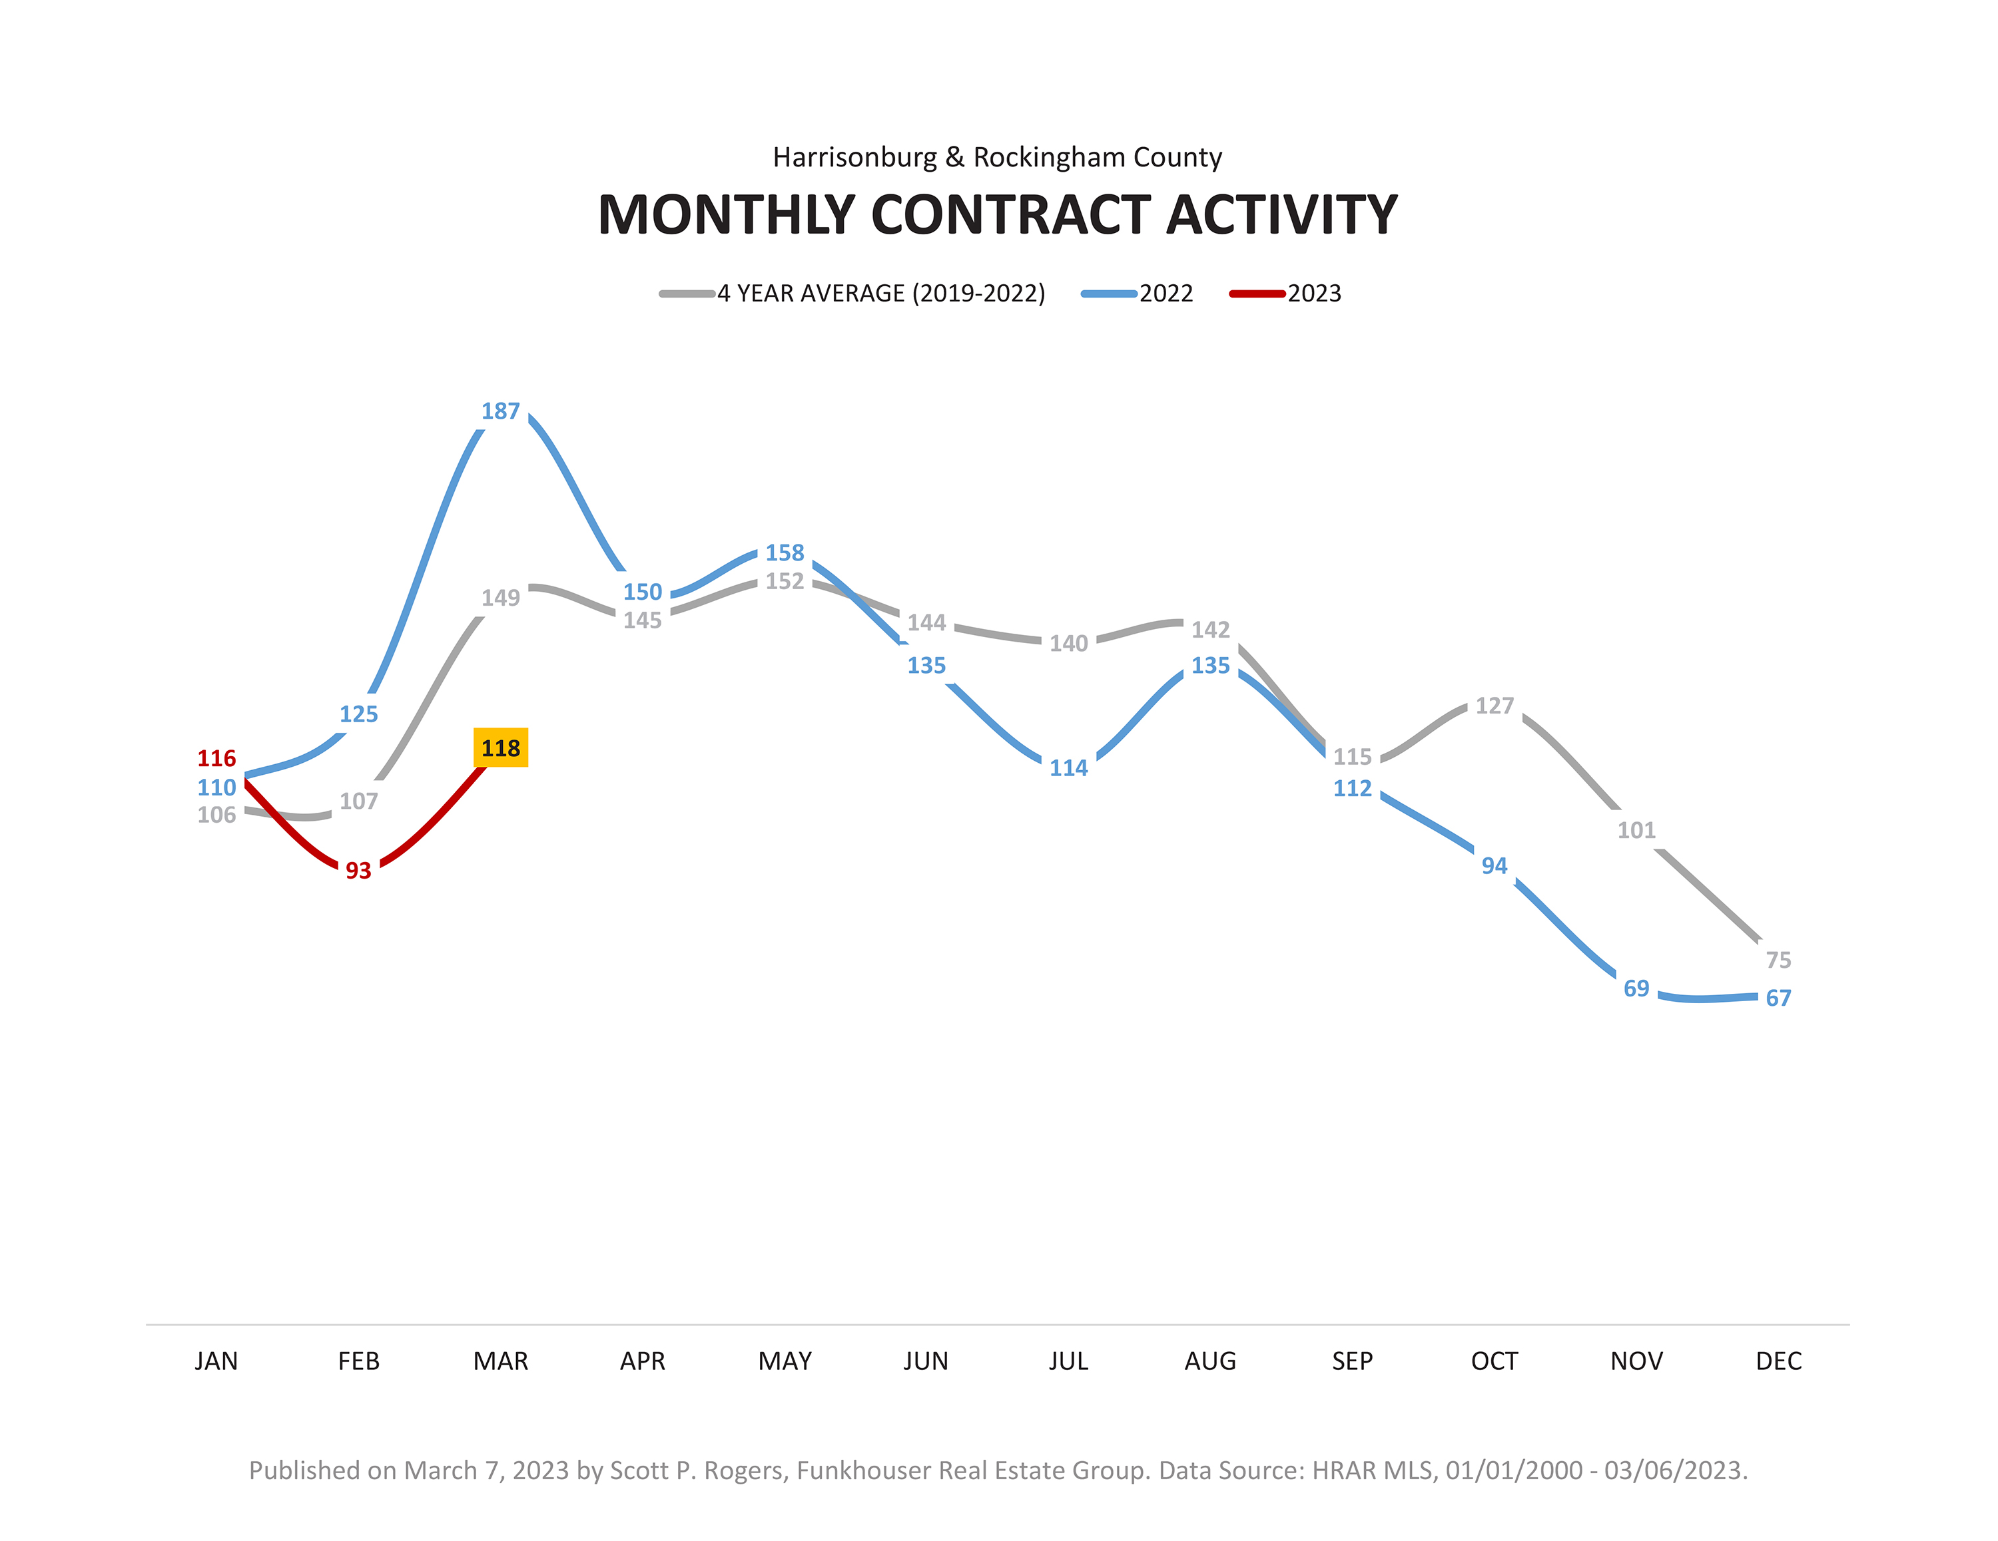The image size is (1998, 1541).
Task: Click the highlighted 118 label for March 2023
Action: pyautogui.click(x=500, y=748)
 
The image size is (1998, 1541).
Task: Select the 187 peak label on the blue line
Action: pyautogui.click(x=500, y=411)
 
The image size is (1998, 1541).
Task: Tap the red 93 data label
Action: pyautogui.click(x=358, y=871)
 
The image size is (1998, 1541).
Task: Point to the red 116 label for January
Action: pyautogui.click(x=217, y=758)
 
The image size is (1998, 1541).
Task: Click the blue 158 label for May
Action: pyautogui.click(x=785, y=552)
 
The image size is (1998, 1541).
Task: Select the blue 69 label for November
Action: pyautogui.click(x=1636, y=989)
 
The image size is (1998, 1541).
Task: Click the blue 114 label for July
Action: pyautogui.click(x=1068, y=768)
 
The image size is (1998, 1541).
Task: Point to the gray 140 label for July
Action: pyautogui.click(x=1068, y=644)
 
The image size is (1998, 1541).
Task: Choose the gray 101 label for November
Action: pyautogui.click(x=1636, y=830)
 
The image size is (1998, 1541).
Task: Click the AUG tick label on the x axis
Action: pyautogui.click(x=1210, y=1362)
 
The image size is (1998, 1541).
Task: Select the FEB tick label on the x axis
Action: pyautogui.click(x=358, y=1362)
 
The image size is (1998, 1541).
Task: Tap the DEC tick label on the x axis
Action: pyautogui.click(x=1778, y=1362)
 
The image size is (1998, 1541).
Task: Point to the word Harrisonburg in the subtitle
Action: pyautogui.click(x=854, y=157)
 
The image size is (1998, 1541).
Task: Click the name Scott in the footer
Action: pyautogui.click(x=639, y=1470)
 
